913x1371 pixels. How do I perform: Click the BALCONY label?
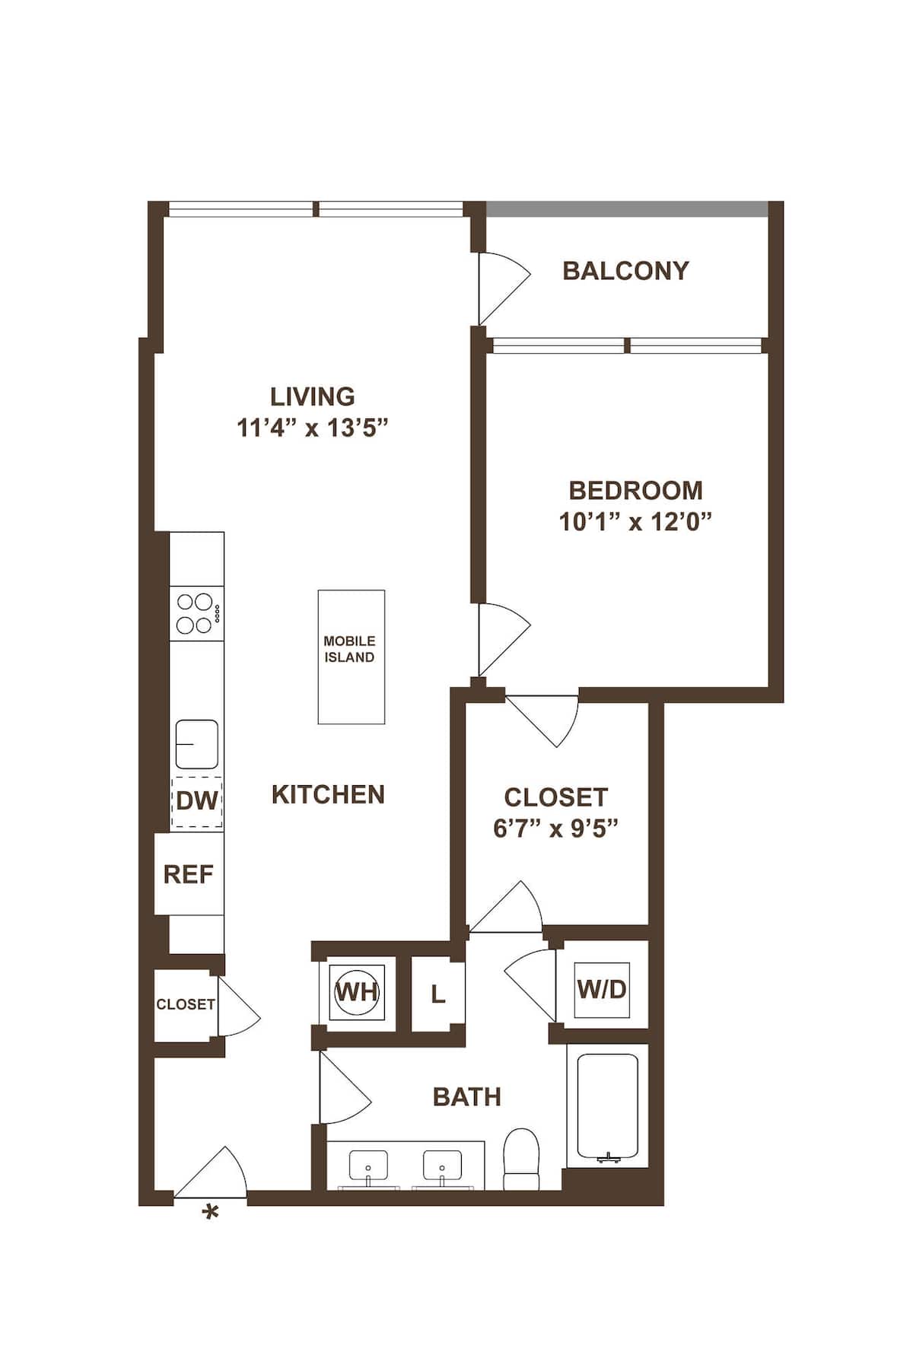625,270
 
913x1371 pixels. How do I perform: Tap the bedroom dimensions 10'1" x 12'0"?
635,522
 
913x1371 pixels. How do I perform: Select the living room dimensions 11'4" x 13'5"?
313,428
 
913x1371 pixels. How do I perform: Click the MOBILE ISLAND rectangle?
351,656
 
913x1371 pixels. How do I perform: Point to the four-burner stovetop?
195,613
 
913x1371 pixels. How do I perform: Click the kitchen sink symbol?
196,744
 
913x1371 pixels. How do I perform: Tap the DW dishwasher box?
196,800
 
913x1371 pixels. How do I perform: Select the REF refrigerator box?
189,874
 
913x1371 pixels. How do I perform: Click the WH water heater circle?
358,991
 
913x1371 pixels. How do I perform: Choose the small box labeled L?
437,994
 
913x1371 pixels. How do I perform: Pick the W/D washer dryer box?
601,989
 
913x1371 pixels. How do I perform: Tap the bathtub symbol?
607,1106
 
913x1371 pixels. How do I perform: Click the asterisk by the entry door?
210,1213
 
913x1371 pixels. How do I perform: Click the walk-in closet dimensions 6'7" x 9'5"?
555,828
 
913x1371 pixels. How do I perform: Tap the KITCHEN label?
328,794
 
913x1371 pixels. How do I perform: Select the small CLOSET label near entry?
185,1004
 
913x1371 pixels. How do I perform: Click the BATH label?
466,1096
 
